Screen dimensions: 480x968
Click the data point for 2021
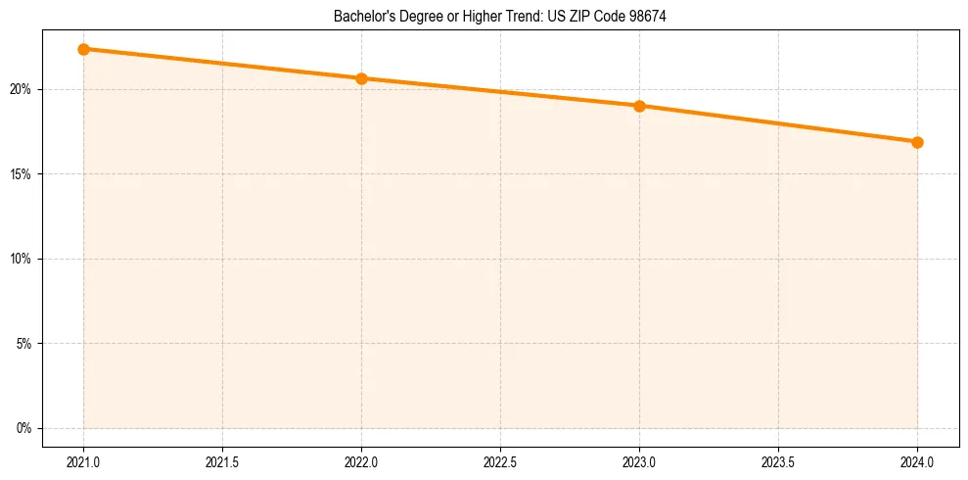(x=83, y=49)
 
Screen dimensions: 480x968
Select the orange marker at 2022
(x=361, y=78)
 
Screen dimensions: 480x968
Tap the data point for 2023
(x=639, y=106)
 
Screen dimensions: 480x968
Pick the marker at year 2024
(x=917, y=142)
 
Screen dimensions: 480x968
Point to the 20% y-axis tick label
(x=20, y=89)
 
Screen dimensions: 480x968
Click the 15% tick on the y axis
(x=20, y=174)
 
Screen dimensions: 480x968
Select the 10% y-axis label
(x=20, y=259)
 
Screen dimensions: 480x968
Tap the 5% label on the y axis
(x=23, y=344)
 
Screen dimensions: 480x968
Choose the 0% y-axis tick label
(x=23, y=428)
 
